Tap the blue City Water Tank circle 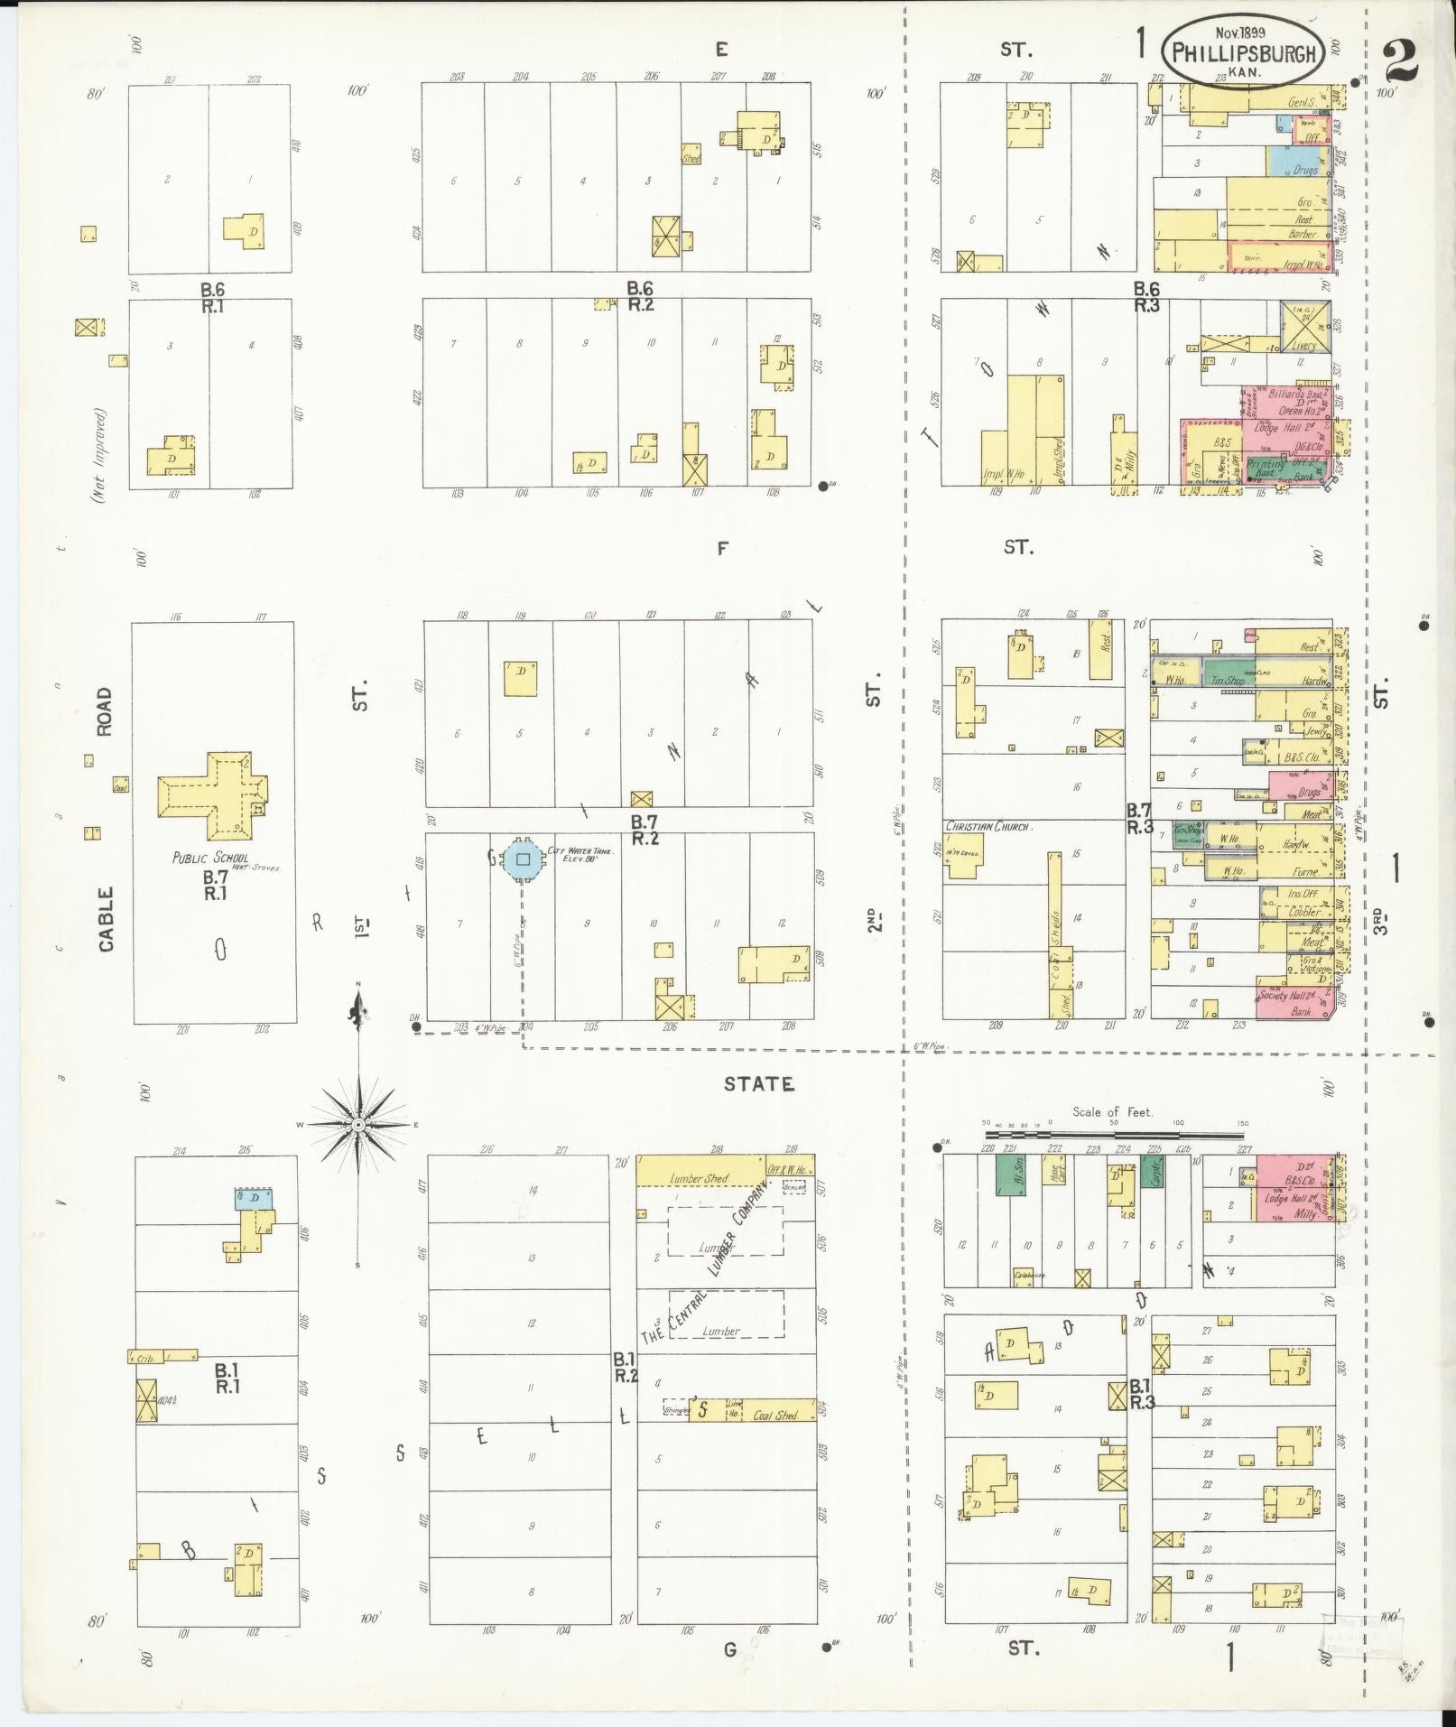523,859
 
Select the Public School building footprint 215,794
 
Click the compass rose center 358,1124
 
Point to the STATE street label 758,1084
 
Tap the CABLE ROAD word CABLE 106,918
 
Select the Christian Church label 988,826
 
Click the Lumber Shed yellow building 700,1171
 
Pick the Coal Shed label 775,1416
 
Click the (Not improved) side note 99,455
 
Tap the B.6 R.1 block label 213,297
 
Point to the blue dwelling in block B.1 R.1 253,1199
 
